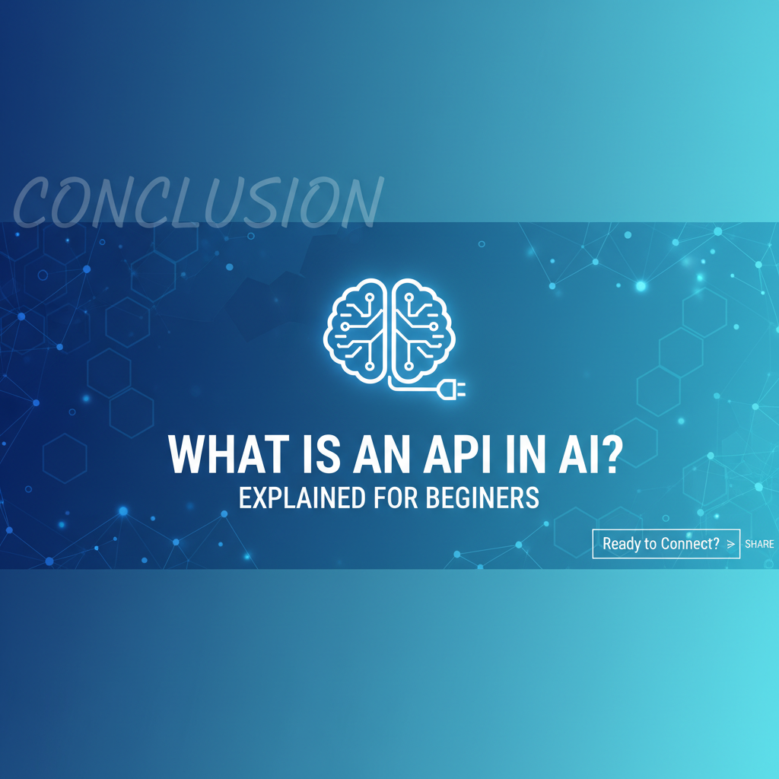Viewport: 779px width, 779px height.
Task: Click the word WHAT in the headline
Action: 229,454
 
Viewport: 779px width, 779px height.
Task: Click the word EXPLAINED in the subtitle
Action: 302,498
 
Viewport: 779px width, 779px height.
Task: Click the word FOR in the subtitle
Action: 396,498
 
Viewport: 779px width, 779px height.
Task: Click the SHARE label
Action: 759,544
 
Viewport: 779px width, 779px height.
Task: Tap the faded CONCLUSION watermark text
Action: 199,202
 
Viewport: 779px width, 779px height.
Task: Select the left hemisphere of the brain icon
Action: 355,330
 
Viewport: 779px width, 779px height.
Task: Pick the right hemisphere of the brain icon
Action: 423,330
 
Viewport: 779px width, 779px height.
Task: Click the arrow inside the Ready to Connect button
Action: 731,544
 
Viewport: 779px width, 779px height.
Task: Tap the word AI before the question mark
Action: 577,454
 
